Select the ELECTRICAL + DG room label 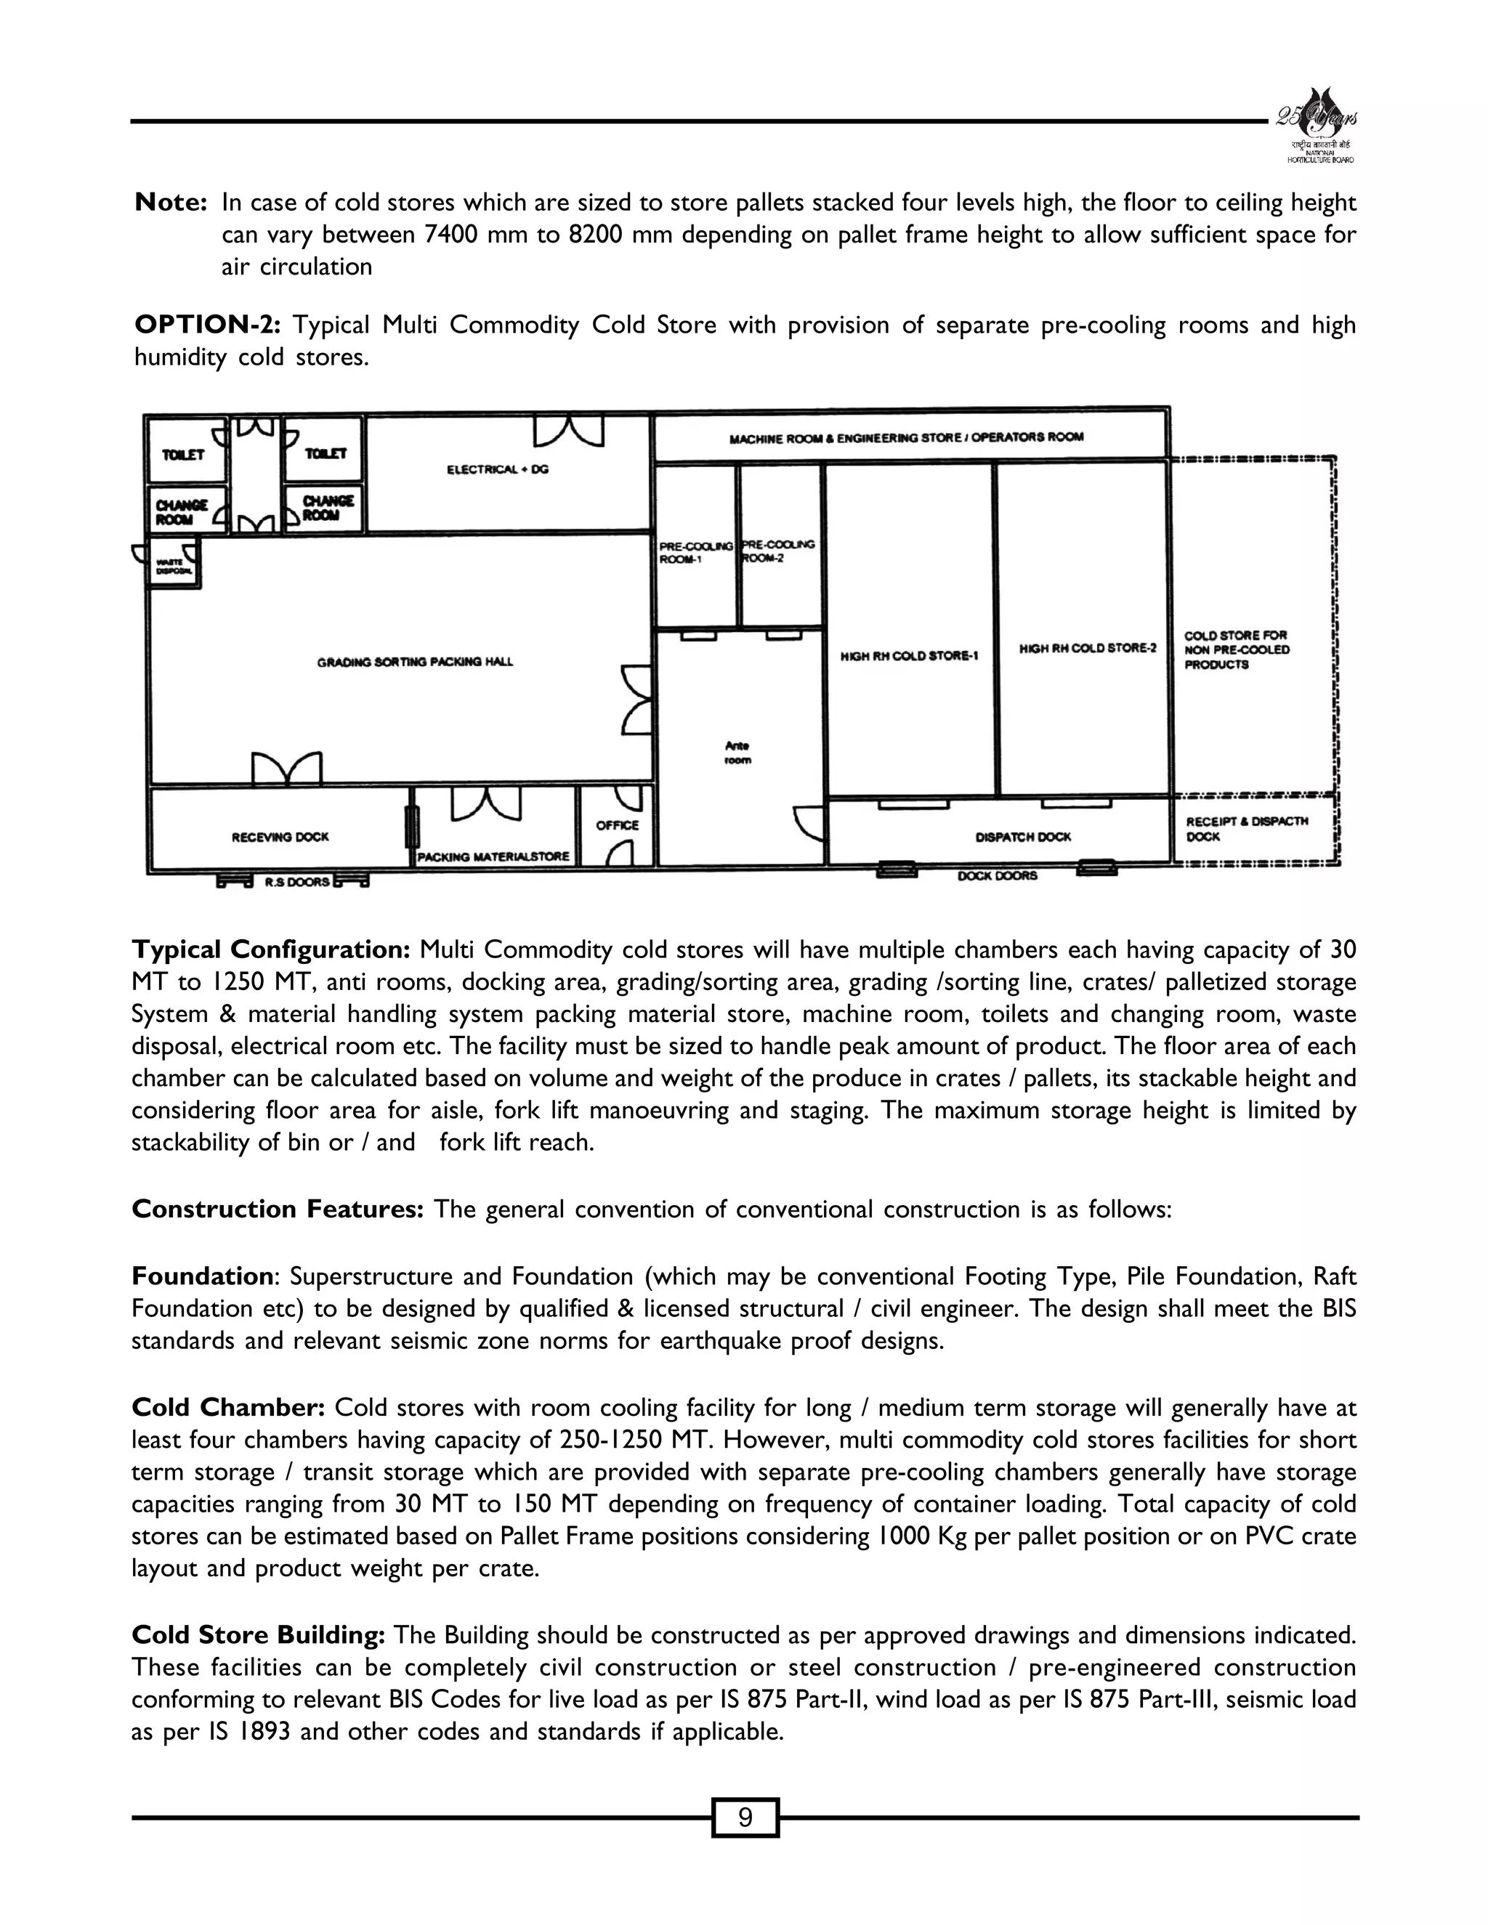[x=497, y=470]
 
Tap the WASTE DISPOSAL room [x=173, y=565]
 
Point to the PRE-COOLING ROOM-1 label [x=695, y=552]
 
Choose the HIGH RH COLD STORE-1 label [x=910, y=656]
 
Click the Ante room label [x=737, y=753]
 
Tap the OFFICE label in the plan [x=617, y=825]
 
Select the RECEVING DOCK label [x=280, y=836]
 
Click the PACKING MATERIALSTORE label [x=493, y=856]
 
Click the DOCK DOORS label [x=997, y=876]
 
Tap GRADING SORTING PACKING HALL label [x=414, y=661]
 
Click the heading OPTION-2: [x=207, y=325]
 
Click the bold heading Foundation [x=202, y=1276]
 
